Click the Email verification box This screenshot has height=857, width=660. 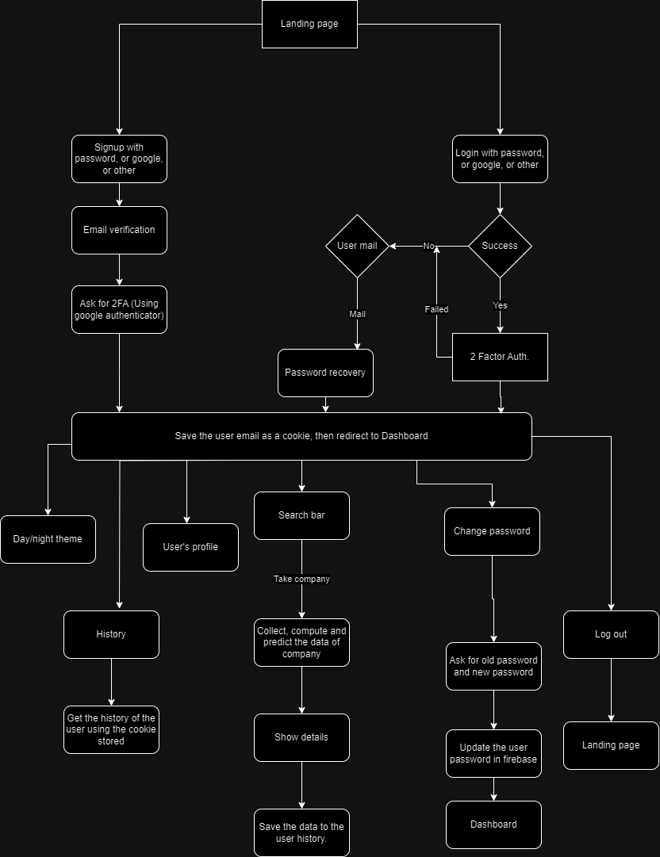[119, 230]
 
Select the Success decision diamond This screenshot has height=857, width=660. [500, 246]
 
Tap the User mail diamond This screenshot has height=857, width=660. [357, 246]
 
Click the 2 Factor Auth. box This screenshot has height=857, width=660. [500, 357]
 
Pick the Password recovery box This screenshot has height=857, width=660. [325, 373]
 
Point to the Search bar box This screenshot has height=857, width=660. [301, 515]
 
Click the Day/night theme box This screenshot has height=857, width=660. [48, 539]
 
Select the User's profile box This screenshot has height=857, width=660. [190, 547]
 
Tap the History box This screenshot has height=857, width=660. [111, 634]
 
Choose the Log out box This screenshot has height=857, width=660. [611, 634]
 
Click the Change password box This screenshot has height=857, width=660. [492, 531]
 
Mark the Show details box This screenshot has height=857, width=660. [301, 737]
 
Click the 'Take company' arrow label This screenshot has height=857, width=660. [301, 580]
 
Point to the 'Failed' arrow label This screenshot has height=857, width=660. [436, 309]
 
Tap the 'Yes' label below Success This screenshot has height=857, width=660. [500, 305]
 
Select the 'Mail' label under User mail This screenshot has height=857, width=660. [357, 314]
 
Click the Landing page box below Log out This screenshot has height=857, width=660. [611, 745]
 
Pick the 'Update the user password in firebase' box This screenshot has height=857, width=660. [493, 753]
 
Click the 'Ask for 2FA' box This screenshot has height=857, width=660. [119, 309]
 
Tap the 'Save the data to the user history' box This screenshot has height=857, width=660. [301, 832]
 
